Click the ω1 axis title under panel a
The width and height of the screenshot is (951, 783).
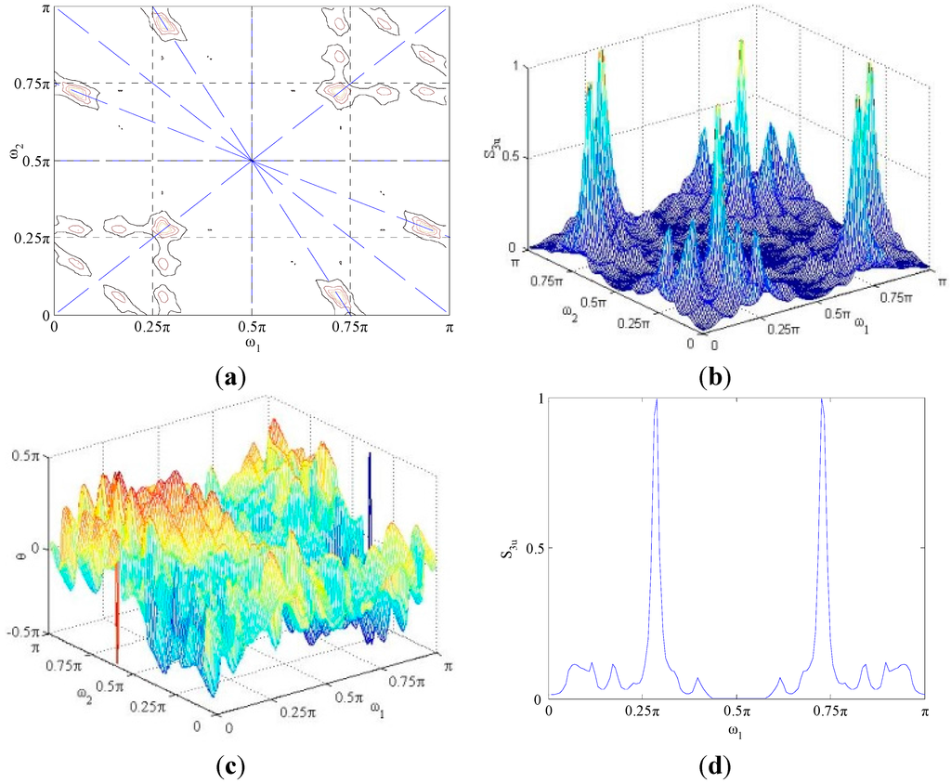pyautogui.click(x=252, y=346)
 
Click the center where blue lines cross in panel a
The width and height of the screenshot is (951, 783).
pyautogui.click(x=253, y=161)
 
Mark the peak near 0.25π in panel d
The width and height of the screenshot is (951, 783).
pyautogui.click(x=657, y=400)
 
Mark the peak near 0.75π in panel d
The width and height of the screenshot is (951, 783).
pyautogui.click(x=822, y=400)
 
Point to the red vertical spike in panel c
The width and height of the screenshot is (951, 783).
pyautogui.click(x=117, y=613)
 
